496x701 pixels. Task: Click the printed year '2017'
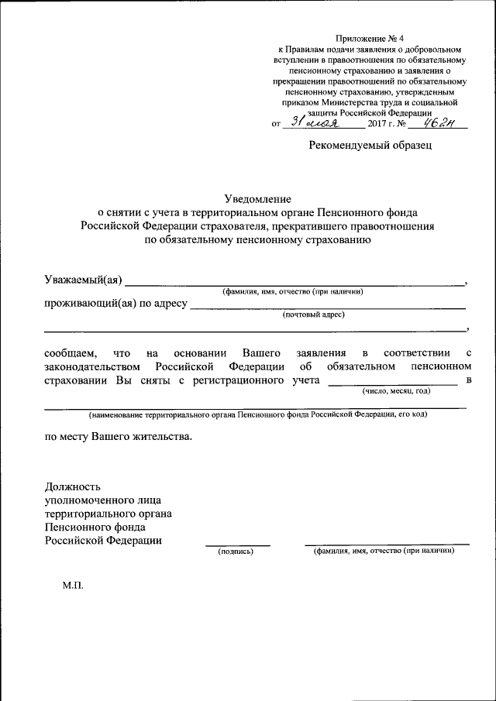click(x=378, y=124)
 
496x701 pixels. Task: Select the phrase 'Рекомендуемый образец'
click(x=370, y=144)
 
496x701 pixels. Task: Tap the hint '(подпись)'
click(x=236, y=552)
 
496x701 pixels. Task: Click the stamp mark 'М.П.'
click(x=73, y=586)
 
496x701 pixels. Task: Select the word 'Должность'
click(x=73, y=487)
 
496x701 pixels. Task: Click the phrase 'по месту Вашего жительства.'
click(x=117, y=436)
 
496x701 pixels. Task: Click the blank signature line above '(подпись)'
click(x=237, y=545)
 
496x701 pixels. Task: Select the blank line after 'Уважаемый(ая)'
click(x=294, y=285)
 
